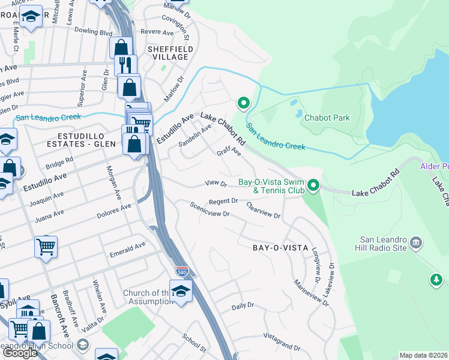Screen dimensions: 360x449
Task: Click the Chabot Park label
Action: tap(327, 118)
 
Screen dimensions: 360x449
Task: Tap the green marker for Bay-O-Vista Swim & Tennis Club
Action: tap(313, 186)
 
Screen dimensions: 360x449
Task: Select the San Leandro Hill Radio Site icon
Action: tap(416, 243)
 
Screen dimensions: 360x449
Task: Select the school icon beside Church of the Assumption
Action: tap(179, 291)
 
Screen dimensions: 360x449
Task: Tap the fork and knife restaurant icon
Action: tap(125, 65)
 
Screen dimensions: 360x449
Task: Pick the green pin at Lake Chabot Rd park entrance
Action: tap(243, 104)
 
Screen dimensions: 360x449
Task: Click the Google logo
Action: tap(20, 353)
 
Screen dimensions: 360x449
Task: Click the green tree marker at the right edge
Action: tap(436, 280)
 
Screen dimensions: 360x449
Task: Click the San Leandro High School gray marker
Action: tap(83, 345)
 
